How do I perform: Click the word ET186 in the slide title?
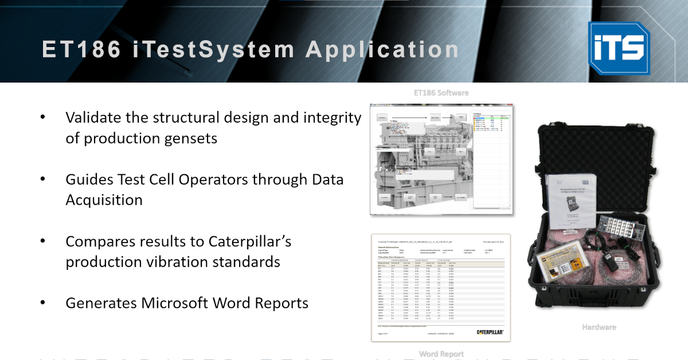point(81,49)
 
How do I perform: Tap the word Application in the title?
point(382,49)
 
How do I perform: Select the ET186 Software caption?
point(441,92)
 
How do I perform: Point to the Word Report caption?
point(441,354)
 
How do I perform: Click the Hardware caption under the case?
point(599,327)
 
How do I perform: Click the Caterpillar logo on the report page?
point(490,332)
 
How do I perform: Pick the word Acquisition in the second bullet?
point(104,200)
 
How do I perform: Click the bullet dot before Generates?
point(43,303)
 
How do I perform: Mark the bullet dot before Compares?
point(43,241)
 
